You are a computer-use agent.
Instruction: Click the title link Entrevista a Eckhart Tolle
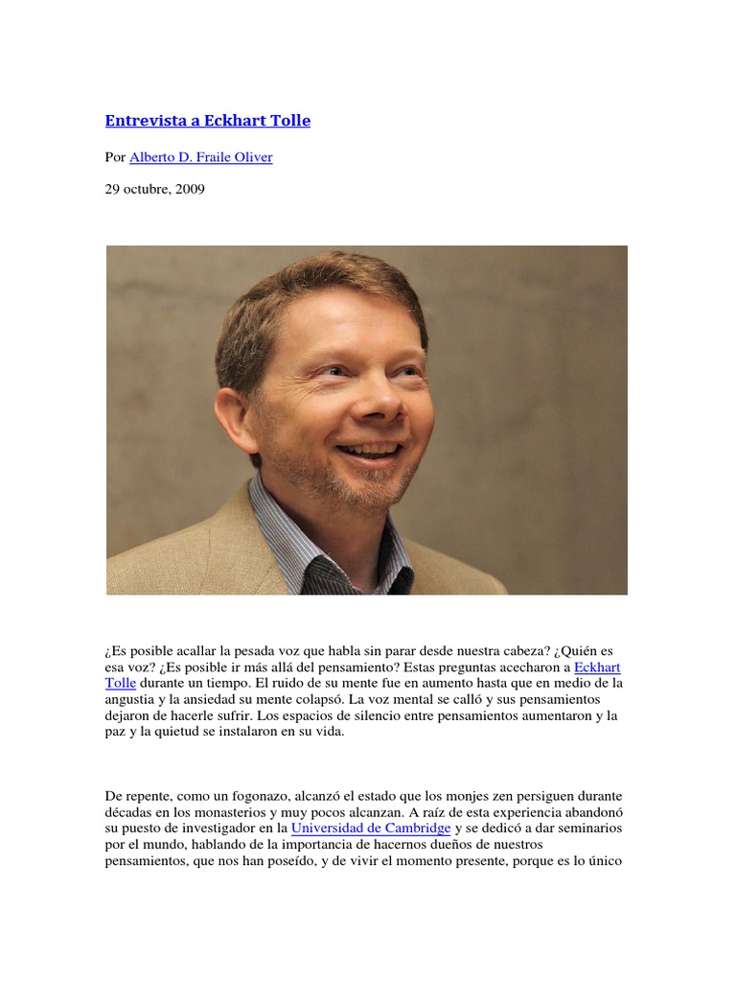207,121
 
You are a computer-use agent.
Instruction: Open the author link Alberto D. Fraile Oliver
200,157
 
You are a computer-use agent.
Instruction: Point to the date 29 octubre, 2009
154,189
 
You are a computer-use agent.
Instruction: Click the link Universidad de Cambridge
371,828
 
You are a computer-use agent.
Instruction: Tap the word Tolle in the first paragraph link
121,683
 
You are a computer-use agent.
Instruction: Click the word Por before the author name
115,157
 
